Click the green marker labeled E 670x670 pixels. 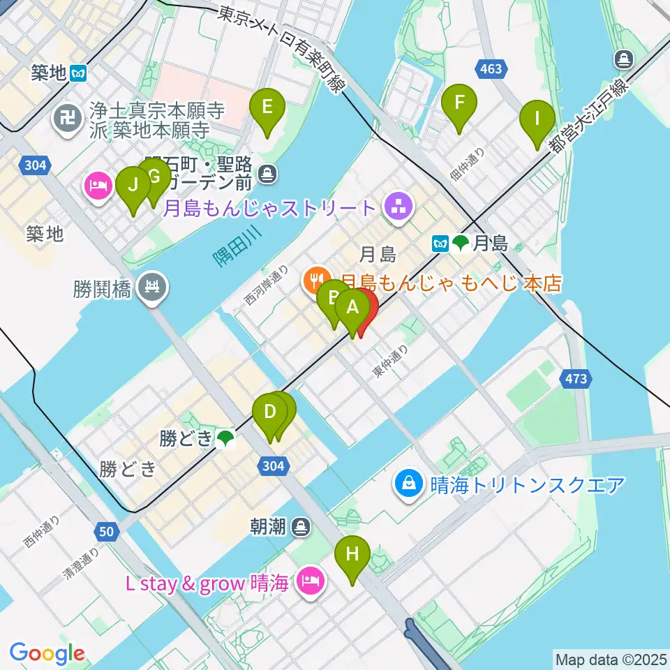(267, 107)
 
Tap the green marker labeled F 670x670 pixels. (459, 102)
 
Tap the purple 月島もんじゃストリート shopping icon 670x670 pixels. (399, 207)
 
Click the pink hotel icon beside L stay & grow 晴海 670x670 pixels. (308, 581)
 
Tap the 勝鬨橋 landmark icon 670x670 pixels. (150, 287)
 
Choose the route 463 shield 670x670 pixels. (491, 68)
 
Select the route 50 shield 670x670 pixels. (105, 532)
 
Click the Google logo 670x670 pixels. (47, 653)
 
